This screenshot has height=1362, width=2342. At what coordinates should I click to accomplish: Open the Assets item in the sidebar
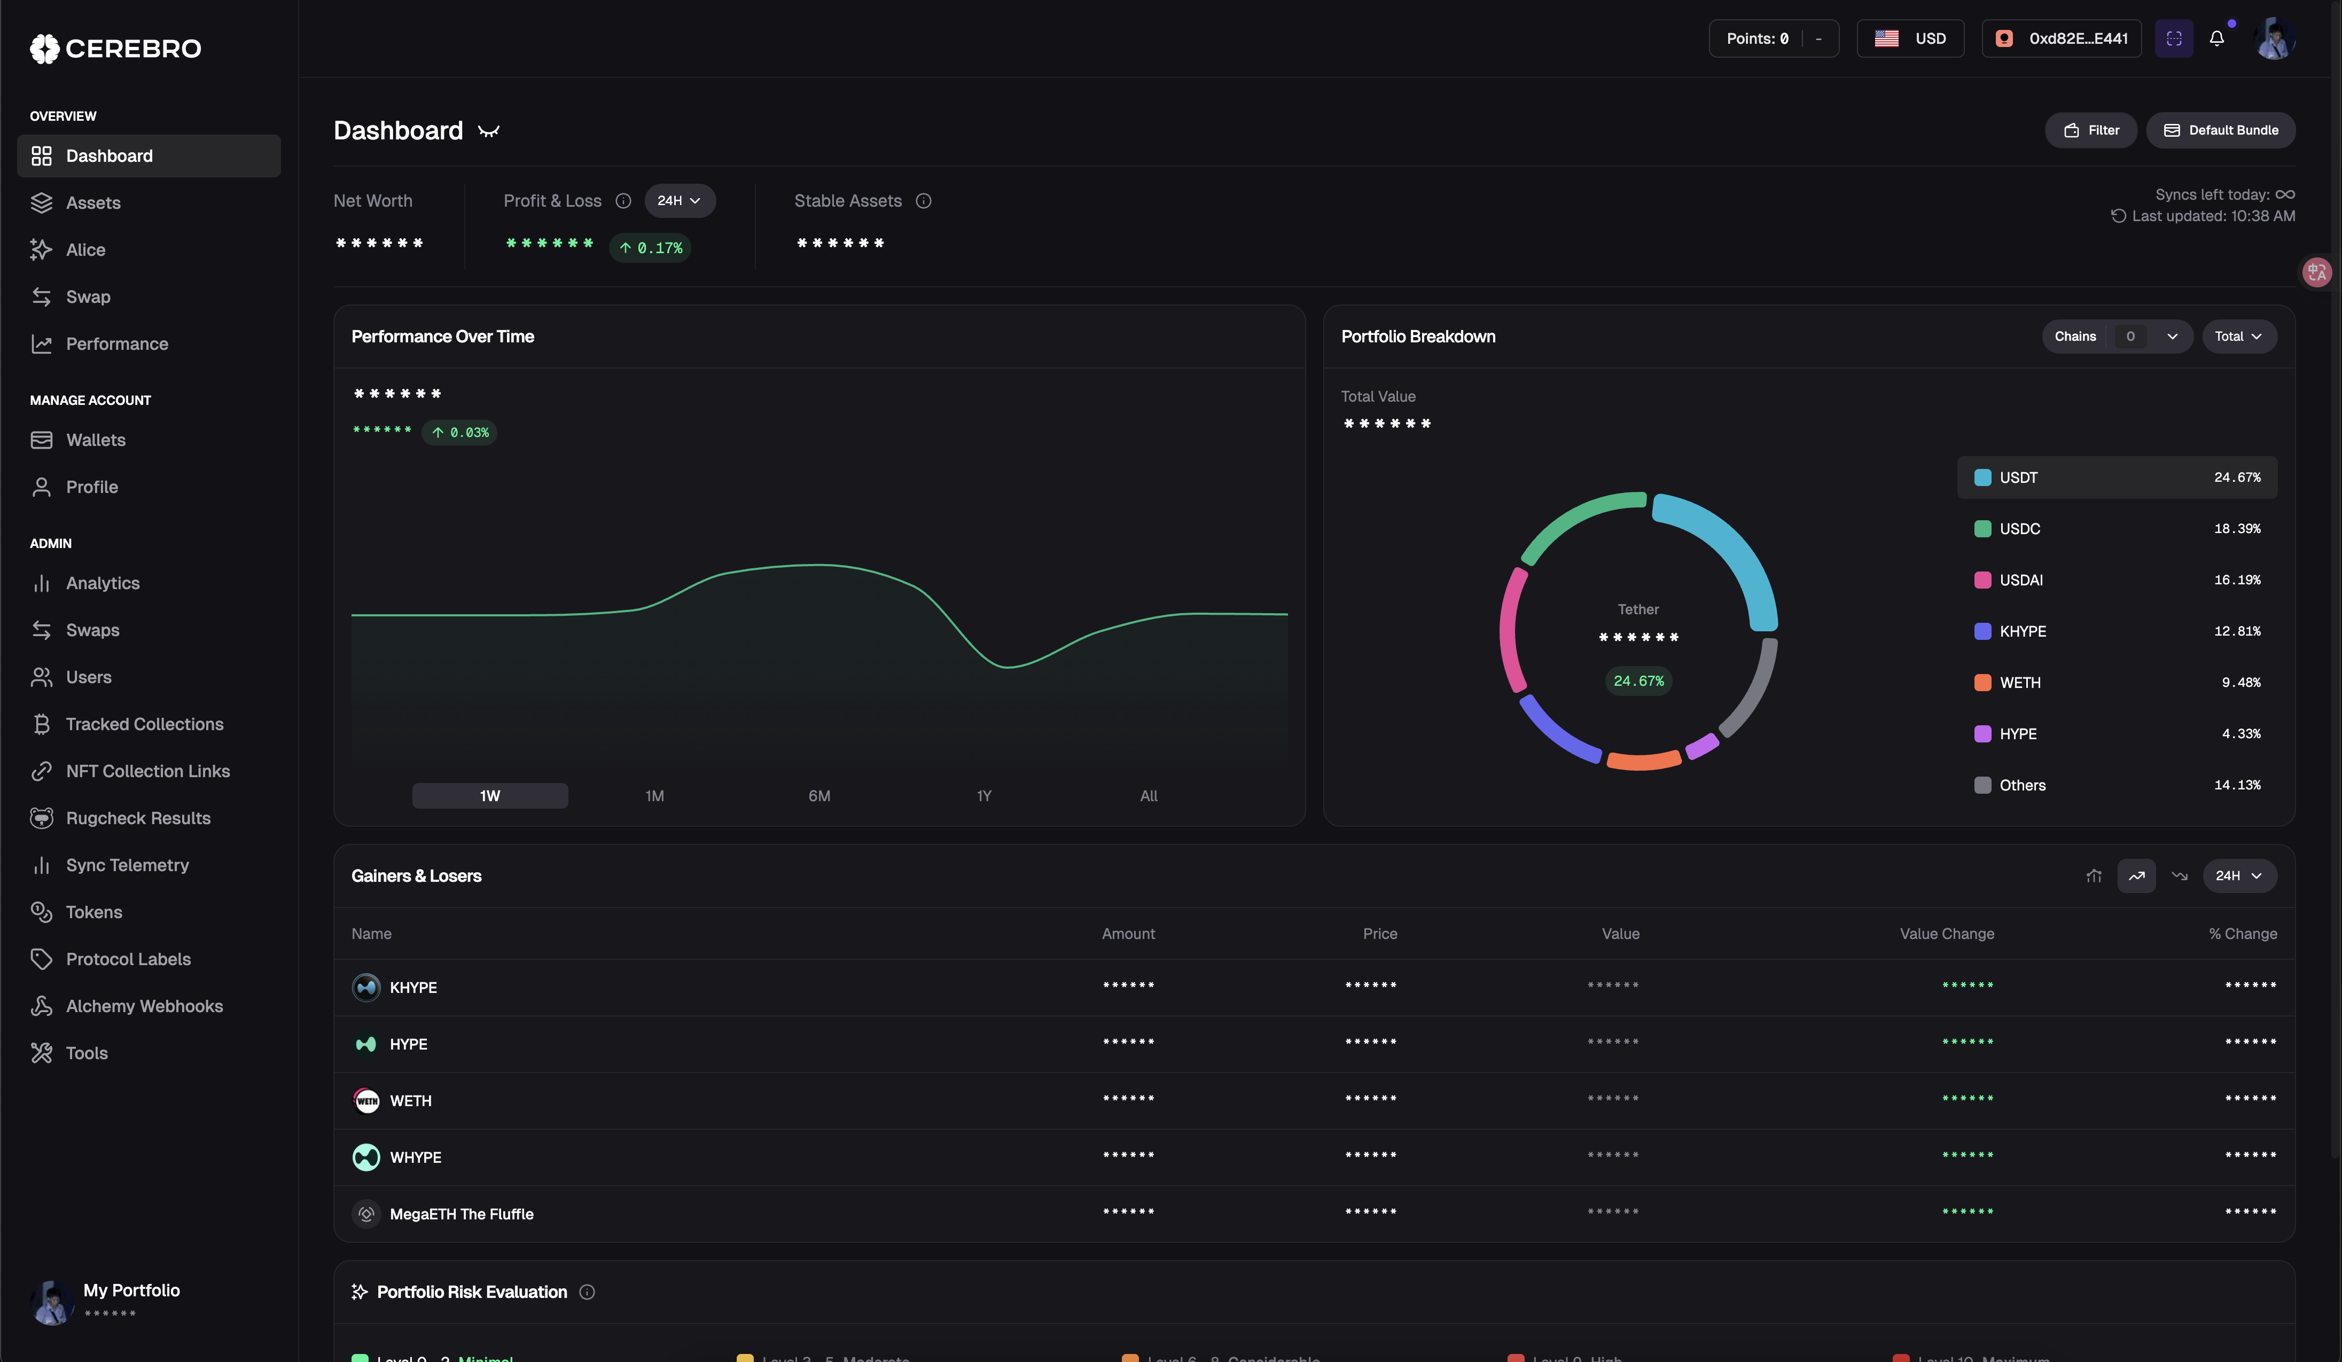tap(93, 202)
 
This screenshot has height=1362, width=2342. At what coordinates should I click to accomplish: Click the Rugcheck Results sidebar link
tap(137, 818)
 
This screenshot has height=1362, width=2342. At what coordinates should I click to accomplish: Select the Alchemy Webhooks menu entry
tap(144, 1006)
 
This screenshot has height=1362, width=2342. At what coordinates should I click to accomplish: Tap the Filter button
tap(2091, 130)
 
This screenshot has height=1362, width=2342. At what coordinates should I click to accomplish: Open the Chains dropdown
tap(2116, 336)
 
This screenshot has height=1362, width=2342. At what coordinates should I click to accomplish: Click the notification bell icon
tap(2216, 38)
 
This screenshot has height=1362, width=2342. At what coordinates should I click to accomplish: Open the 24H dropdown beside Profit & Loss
tap(680, 201)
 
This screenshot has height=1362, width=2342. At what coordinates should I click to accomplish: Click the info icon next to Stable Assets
tap(923, 201)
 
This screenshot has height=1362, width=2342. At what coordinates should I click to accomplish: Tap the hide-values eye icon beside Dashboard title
tap(489, 131)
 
